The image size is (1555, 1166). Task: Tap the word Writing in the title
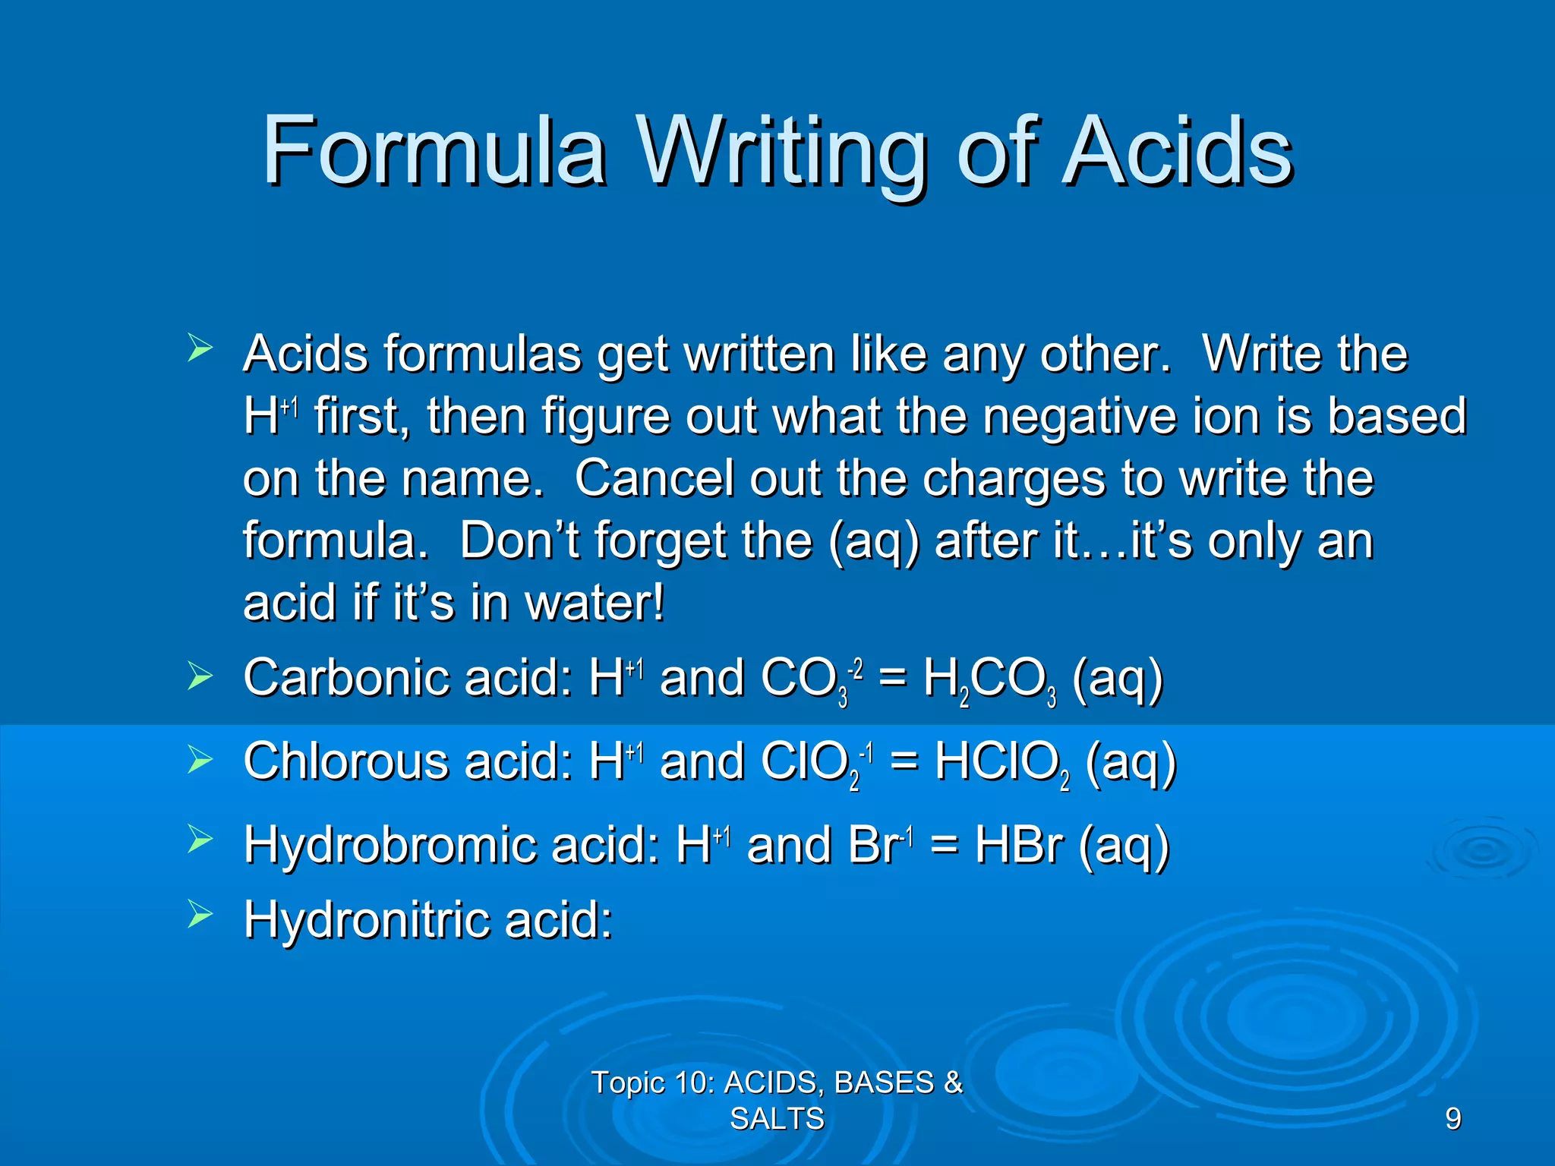[x=781, y=152]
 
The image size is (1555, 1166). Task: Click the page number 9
[x=1452, y=1118]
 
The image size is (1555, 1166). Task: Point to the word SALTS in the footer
[x=777, y=1118]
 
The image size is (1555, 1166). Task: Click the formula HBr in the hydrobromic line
[x=1018, y=844]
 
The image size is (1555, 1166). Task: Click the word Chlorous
[x=345, y=761]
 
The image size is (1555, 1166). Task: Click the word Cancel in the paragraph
[x=653, y=478]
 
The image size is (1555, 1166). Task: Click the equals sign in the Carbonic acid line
[x=891, y=677]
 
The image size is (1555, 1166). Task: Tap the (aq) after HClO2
[x=1131, y=761]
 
